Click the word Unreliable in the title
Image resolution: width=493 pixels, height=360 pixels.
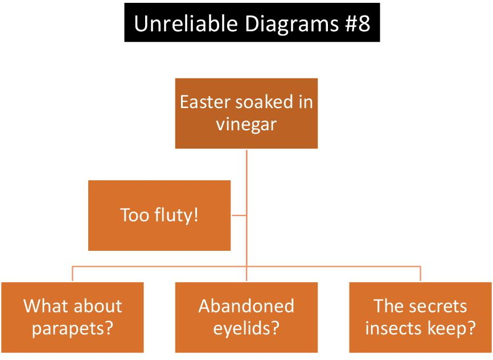pyautogui.click(x=186, y=23)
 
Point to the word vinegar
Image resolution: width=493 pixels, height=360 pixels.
pyautogui.click(x=246, y=125)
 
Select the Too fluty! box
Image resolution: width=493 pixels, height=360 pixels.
pyautogui.click(x=159, y=216)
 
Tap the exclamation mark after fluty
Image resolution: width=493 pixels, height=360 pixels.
pyautogui.click(x=195, y=215)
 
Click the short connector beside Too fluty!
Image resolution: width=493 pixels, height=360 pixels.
pyautogui.click(x=239, y=216)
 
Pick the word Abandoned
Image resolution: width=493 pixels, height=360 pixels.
pyautogui.click(x=246, y=305)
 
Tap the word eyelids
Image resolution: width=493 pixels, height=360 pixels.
pyautogui.click(x=241, y=328)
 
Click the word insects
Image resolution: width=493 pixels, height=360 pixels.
pyautogui.click(x=390, y=328)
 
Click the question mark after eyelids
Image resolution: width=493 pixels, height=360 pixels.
pyautogui.click(x=274, y=328)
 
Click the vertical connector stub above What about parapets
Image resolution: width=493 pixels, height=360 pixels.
pyautogui.click(x=73, y=274)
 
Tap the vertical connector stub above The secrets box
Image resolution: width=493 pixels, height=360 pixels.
pyautogui.click(x=420, y=274)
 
